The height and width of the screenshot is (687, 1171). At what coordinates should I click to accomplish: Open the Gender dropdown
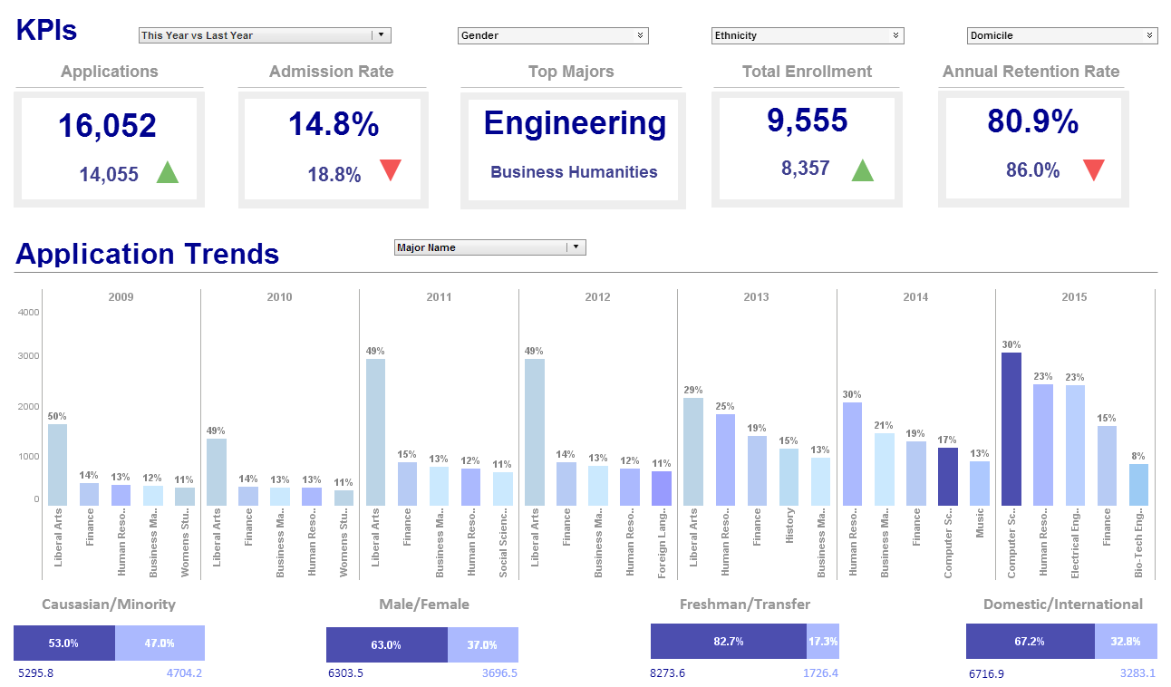click(x=552, y=35)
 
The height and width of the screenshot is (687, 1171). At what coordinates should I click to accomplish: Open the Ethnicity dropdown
click(x=807, y=35)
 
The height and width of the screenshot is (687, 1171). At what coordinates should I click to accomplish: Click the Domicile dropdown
click(x=1061, y=35)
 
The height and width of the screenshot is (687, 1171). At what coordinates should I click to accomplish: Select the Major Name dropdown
click(x=490, y=247)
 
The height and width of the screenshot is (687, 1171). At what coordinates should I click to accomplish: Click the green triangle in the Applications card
click(x=168, y=172)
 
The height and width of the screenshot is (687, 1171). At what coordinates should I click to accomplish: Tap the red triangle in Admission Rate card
click(x=391, y=169)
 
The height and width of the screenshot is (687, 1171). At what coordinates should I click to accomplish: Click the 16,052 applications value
click(x=108, y=126)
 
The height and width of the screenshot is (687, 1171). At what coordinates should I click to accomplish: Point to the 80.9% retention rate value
click(x=1032, y=121)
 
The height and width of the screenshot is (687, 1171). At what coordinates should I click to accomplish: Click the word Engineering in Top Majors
click(x=575, y=123)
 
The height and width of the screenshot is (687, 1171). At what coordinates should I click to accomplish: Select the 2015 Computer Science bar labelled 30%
click(x=1011, y=429)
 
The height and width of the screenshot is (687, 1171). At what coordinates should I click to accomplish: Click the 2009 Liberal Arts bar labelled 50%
click(x=57, y=464)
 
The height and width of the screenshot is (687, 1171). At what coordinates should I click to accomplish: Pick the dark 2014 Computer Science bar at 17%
click(x=947, y=476)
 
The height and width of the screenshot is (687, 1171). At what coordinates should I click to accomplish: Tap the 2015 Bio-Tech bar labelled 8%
click(x=1138, y=484)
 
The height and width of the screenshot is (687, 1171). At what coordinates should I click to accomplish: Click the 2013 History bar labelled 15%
click(x=789, y=476)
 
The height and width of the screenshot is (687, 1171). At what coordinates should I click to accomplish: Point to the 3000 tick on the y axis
click(x=29, y=356)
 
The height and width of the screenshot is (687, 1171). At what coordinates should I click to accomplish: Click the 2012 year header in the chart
click(x=597, y=296)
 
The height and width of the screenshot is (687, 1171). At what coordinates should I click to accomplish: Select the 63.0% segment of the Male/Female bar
click(x=386, y=644)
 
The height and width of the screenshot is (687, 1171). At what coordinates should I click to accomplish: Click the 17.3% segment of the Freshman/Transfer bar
click(x=822, y=641)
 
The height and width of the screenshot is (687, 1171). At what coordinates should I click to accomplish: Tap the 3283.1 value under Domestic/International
click(x=1137, y=673)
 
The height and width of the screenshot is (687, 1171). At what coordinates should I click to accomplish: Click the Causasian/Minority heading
click(x=109, y=604)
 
